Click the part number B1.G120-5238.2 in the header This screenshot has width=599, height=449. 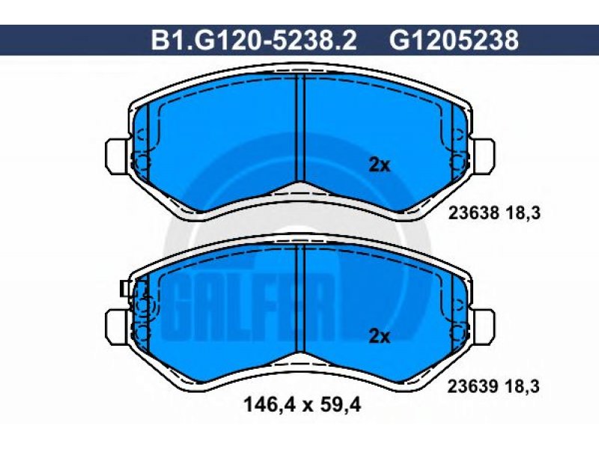pyautogui.click(x=254, y=40)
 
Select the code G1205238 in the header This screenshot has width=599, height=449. pyautogui.click(x=454, y=40)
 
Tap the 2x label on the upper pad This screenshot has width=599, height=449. pyautogui.click(x=380, y=165)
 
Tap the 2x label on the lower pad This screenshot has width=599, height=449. pyautogui.click(x=380, y=337)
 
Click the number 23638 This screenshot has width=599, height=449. pyautogui.click(x=474, y=213)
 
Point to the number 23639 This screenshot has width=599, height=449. pyautogui.click(x=473, y=386)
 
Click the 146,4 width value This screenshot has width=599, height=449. pyautogui.click(x=270, y=405)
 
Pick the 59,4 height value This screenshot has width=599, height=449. pyautogui.click(x=341, y=405)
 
